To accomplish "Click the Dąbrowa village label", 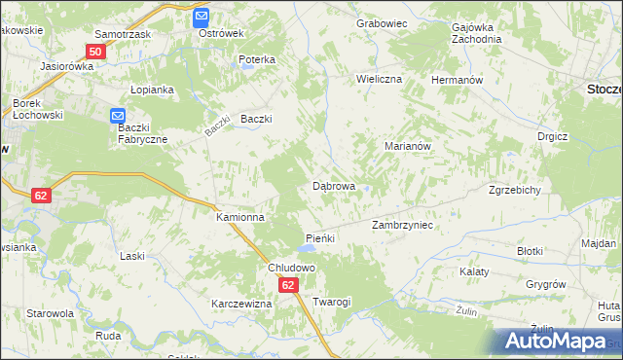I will [333, 185].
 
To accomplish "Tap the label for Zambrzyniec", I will [402, 225].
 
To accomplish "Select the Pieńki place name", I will [320, 238].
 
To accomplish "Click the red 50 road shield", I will [95, 52].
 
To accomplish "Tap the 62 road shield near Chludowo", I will [288, 285].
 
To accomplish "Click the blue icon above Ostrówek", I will [201, 17].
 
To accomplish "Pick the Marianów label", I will [408, 145].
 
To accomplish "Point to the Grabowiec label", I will [381, 22].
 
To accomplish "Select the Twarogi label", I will [331, 302].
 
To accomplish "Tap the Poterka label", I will [257, 59].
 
